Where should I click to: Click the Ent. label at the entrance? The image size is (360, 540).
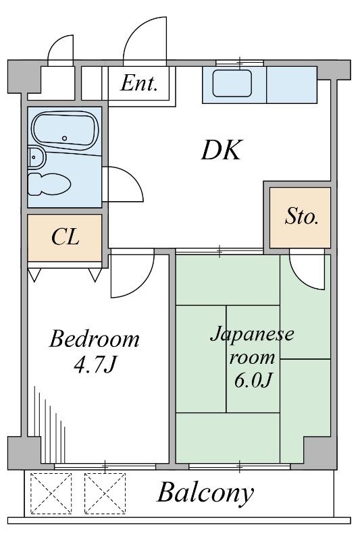[139, 83]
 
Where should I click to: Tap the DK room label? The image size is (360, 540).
[222, 150]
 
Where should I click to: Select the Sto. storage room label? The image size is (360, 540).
[301, 217]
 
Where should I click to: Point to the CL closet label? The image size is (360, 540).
[66, 237]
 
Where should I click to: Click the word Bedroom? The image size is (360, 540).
[95, 339]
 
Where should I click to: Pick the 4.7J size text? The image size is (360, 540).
[94, 365]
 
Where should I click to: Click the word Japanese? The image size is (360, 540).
[252, 333]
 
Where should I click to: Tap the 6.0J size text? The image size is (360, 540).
[253, 380]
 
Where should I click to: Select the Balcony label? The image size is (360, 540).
[205, 493]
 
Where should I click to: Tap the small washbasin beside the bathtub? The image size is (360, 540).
[36, 157]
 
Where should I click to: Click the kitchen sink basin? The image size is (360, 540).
[232, 83]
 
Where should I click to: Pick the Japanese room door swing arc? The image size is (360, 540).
[301, 278]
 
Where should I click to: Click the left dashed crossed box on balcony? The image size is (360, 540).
[51, 493]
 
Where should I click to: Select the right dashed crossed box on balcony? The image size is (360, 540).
[105, 493]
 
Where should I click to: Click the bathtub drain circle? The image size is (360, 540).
[64, 138]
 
